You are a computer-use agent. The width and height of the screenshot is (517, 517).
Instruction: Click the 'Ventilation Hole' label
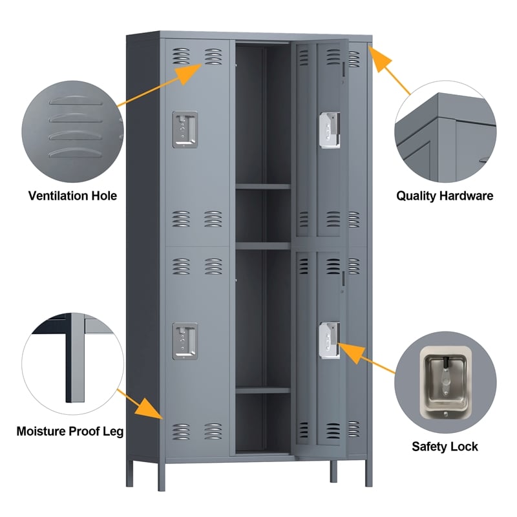coord(72,195)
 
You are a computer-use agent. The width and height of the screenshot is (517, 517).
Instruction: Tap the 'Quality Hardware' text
coord(445,195)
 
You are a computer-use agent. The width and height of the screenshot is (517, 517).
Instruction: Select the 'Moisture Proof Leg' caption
coord(70,430)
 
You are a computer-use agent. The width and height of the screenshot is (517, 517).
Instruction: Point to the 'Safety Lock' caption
coord(445,446)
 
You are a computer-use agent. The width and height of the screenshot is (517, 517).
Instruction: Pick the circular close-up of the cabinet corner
coord(445,129)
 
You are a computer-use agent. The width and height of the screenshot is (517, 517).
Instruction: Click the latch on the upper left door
coord(185,129)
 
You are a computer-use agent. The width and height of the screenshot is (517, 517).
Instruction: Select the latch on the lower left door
coord(185,340)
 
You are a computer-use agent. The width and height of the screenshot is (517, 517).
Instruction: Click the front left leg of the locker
coord(162,475)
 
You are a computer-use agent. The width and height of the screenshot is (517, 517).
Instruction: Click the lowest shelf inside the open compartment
coord(262,390)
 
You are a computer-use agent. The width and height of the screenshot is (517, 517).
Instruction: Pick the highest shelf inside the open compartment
coord(262,187)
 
